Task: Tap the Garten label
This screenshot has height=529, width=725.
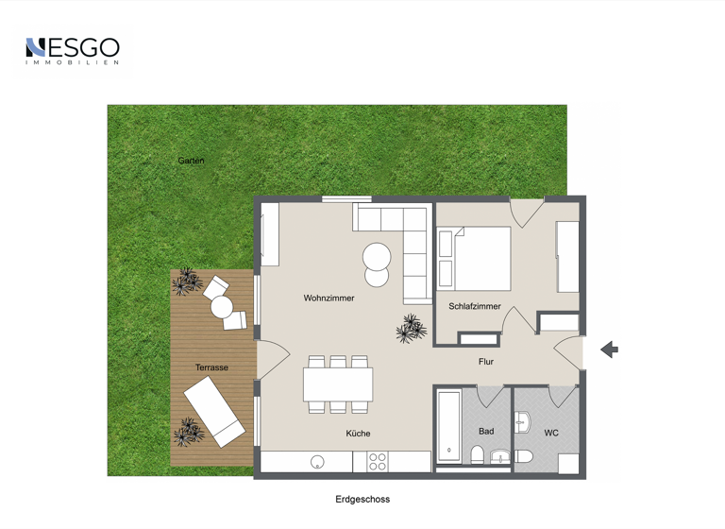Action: coord(191,161)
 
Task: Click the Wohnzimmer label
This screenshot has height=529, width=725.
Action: coord(329,299)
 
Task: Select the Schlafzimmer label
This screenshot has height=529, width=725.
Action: coord(475,306)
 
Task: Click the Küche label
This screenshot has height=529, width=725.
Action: coord(358,434)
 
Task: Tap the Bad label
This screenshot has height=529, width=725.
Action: coord(486,432)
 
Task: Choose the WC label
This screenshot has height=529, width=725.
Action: coord(551,434)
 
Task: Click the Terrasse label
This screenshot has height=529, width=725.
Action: coord(211,367)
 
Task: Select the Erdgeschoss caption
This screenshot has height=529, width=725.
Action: coord(362,500)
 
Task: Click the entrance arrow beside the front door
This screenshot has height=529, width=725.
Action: coord(609,350)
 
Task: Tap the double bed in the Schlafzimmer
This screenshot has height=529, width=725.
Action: coord(481,258)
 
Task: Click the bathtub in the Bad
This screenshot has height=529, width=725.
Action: coord(448,425)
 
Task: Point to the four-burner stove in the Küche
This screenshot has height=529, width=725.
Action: coord(378,462)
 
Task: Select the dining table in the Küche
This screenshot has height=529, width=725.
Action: coord(337,384)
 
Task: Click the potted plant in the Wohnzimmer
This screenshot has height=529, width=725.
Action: coord(411,328)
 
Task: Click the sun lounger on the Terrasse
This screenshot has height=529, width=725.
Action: coord(213,410)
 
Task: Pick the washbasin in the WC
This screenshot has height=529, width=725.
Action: coord(522,421)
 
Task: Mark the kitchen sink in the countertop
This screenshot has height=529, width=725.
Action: coord(318,463)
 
